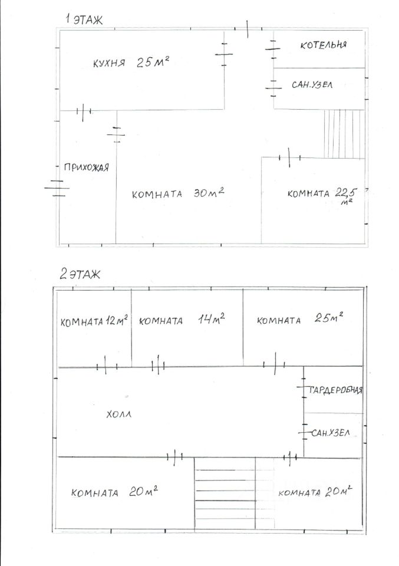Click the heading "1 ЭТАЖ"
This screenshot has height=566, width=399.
coord(84,19)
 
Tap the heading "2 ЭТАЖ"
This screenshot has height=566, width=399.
coord(80,274)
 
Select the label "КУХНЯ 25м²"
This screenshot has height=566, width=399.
coord(131,63)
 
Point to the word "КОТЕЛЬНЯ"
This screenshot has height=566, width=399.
coord(324,45)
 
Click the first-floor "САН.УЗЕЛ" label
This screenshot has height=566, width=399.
coord(312,85)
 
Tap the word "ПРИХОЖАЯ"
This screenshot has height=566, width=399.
coord(86,167)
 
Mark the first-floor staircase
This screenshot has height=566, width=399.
coord(344,134)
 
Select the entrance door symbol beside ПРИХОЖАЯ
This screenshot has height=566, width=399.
coord(57,188)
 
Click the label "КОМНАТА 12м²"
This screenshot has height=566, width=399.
coord(94,321)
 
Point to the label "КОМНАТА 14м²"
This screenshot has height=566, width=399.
coord(182,320)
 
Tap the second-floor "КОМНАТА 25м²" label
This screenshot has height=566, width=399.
coord(300,319)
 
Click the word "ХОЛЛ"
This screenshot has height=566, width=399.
coord(118,414)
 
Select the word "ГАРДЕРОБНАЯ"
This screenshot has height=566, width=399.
coord(335,390)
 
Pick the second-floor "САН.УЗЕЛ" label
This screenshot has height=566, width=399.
coord(331,432)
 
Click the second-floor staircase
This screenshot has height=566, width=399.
coord(225,493)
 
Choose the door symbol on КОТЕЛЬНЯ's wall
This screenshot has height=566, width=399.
coord(273,49)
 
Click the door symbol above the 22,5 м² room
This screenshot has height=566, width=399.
coord(290,157)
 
